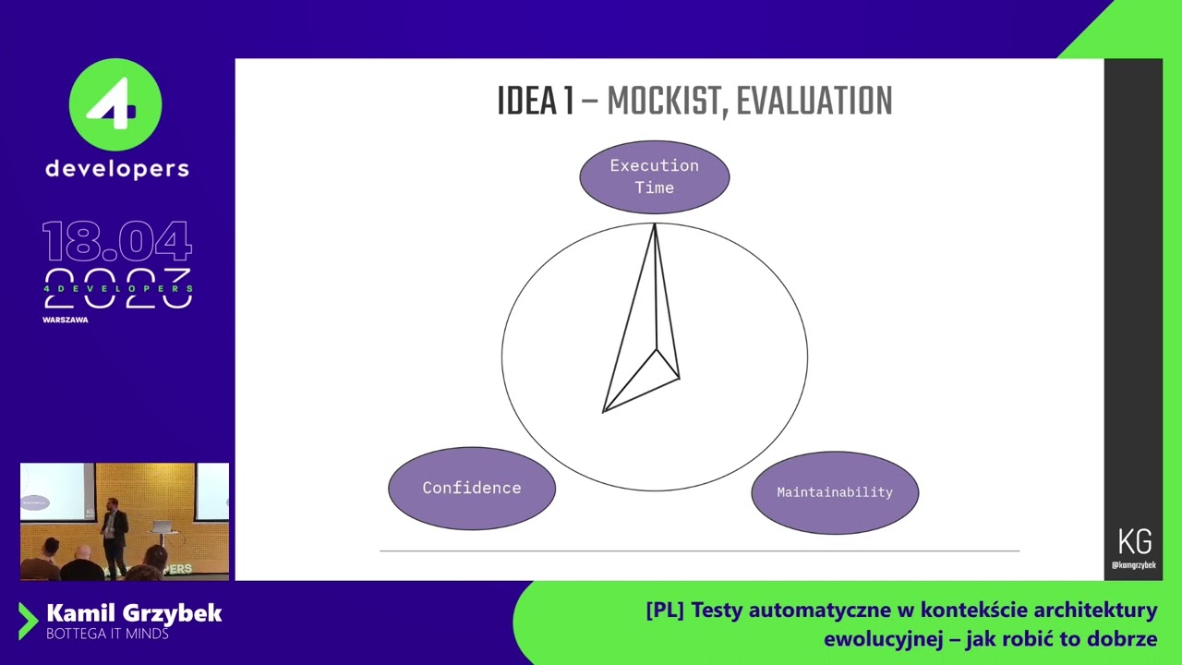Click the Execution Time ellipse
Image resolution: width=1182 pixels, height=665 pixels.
pyautogui.click(x=655, y=176)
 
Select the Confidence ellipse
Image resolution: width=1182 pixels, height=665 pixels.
pyautogui.click(x=472, y=489)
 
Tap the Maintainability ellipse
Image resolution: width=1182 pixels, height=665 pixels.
pyautogui.click(x=835, y=492)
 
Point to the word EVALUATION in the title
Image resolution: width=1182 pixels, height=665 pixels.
pyautogui.click(x=814, y=101)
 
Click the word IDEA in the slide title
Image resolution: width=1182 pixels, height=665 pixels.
pyautogui.click(x=527, y=101)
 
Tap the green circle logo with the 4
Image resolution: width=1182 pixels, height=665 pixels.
pyautogui.click(x=115, y=104)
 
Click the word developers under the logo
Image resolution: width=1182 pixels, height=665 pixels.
pyautogui.click(x=117, y=169)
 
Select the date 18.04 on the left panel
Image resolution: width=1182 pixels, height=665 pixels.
pyautogui.click(x=117, y=241)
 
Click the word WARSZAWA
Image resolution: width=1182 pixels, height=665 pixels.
pyautogui.click(x=66, y=320)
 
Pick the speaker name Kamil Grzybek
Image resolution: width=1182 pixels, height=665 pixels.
pyautogui.click(x=134, y=613)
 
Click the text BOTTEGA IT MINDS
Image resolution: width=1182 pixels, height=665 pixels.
pyautogui.click(x=108, y=634)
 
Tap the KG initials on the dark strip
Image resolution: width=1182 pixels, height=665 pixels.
pyautogui.click(x=1135, y=541)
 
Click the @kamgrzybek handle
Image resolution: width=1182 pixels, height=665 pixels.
pyautogui.click(x=1134, y=564)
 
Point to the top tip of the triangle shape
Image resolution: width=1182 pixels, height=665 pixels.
pyautogui.click(x=655, y=224)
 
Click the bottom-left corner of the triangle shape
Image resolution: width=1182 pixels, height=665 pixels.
pyautogui.click(x=603, y=412)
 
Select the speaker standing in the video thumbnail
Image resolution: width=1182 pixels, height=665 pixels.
pyautogui.click(x=114, y=536)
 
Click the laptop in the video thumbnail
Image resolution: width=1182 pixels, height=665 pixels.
pyautogui.click(x=161, y=526)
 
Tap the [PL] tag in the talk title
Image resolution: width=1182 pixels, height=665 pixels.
pyautogui.click(x=665, y=611)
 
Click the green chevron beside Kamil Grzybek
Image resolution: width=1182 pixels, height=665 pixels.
pyautogui.click(x=28, y=622)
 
